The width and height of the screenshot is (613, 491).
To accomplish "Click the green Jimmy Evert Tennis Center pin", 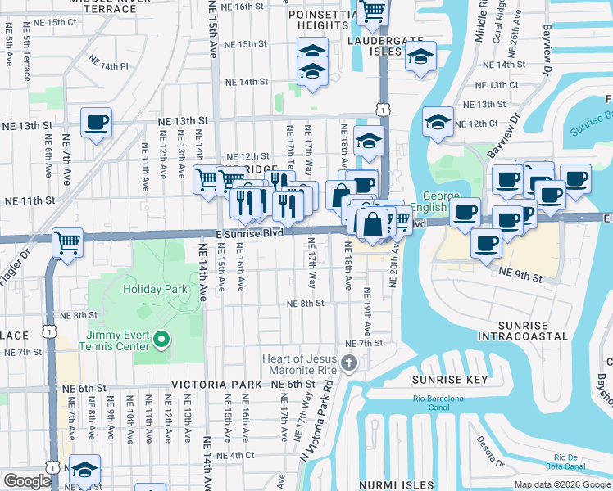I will click(x=161, y=338).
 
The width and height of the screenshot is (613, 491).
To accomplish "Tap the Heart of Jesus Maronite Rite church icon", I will click(x=349, y=363).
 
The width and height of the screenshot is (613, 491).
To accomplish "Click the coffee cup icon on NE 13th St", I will click(x=96, y=124).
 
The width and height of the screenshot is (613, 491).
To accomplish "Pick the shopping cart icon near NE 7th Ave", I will click(x=66, y=242).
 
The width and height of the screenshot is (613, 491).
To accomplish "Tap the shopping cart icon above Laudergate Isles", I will click(x=372, y=12).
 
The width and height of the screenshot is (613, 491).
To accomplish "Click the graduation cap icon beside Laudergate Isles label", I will click(x=420, y=57).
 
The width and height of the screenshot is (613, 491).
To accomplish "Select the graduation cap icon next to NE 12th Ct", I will click(x=438, y=123).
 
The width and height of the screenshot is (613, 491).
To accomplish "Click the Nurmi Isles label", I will click(x=395, y=485).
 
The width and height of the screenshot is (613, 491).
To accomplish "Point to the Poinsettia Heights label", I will click(x=319, y=20).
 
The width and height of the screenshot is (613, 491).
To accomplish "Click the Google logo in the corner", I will click(x=26, y=481).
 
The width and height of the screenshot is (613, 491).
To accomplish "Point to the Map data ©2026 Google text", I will click(x=562, y=484).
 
